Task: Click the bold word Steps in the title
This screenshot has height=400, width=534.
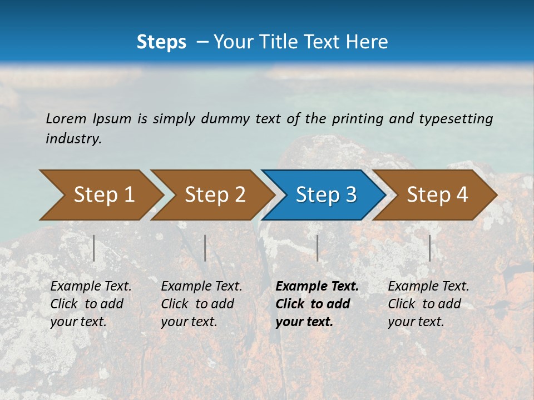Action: coord(161,42)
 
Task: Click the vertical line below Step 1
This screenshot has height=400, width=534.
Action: coord(94,248)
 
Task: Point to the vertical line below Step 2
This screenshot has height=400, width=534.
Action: coord(205,248)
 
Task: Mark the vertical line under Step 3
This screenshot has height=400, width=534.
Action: coord(317,248)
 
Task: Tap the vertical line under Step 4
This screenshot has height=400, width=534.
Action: coord(429,248)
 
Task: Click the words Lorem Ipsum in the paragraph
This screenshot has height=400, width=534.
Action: coord(88,119)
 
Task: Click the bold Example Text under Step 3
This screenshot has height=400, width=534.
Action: coord(317,287)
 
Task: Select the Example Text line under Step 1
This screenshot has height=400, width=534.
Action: coord(91,287)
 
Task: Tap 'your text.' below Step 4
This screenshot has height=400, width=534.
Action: coord(416,322)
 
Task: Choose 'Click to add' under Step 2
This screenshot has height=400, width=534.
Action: coord(197,304)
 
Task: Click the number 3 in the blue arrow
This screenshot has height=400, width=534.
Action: coord(350,194)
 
